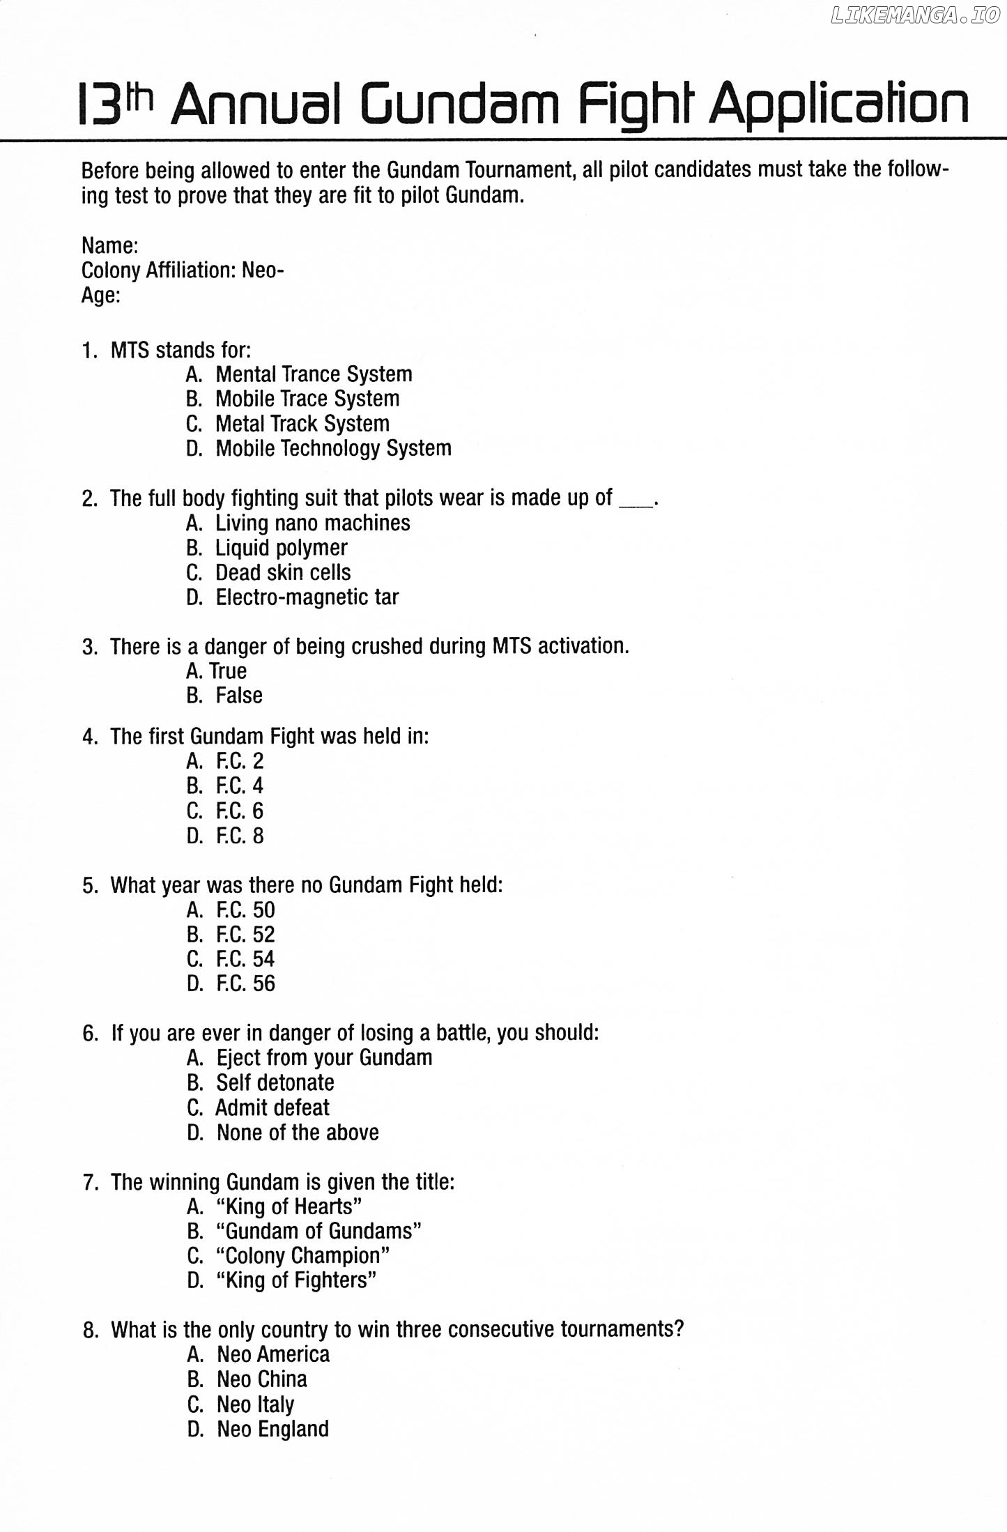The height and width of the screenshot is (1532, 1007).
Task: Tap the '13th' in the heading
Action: coord(115,105)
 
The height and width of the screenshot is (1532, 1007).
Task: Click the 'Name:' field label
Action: coord(109,245)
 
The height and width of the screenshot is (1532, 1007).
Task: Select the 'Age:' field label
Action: coord(101,296)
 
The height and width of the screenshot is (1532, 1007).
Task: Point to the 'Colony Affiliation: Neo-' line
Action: coord(183,270)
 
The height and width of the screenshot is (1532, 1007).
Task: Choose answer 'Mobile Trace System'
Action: coord(307,399)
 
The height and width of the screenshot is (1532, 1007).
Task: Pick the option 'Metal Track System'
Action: coord(302,424)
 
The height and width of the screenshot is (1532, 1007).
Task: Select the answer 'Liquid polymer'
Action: coord(281,548)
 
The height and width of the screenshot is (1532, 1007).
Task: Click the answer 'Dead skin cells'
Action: coord(283,572)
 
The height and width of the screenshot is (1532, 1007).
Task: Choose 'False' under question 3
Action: coord(238,696)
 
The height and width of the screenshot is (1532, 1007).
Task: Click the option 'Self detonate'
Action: coord(275,1082)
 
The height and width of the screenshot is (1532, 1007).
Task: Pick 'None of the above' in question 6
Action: coord(298,1133)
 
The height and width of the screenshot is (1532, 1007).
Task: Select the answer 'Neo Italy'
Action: coord(255,1404)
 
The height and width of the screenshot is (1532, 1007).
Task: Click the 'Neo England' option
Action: coord(272,1429)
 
